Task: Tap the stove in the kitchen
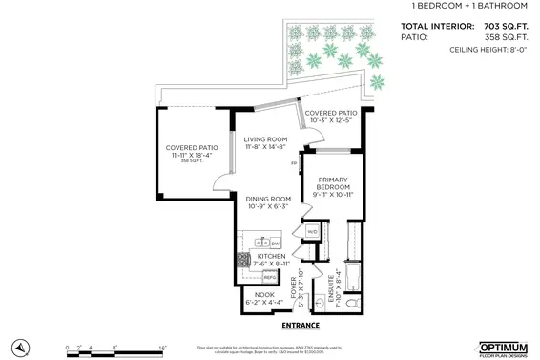pyautogui.click(x=242, y=259)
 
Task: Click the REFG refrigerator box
pyautogui.click(x=269, y=276)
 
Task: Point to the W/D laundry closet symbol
pyautogui.click(x=311, y=232)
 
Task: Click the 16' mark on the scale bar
pyautogui.click(x=163, y=349)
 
